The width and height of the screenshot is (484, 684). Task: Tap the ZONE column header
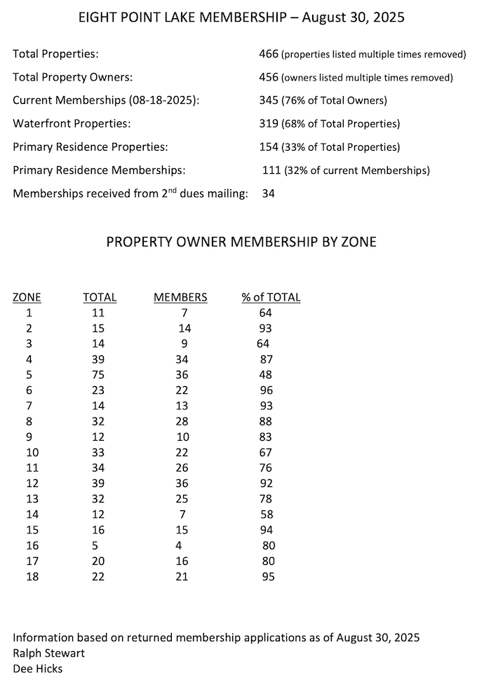[27, 297]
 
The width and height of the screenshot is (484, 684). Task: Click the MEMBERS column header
[180, 297]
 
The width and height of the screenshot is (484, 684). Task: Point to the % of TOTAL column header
[271, 297]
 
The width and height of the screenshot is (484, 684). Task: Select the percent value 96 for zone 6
[266, 390]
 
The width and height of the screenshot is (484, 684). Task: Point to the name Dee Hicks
[38, 669]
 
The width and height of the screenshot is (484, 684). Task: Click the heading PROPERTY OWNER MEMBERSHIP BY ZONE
[241, 242]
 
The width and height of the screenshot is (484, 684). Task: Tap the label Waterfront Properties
[72, 123]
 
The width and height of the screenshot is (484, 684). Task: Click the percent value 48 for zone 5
[266, 375]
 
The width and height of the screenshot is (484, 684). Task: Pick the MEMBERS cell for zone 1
[183, 313]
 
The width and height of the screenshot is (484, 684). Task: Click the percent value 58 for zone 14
[266, 515]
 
